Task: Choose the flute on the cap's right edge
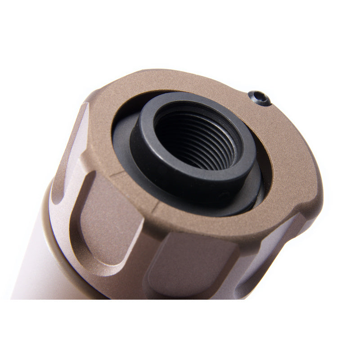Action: click(x=288, y=243)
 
